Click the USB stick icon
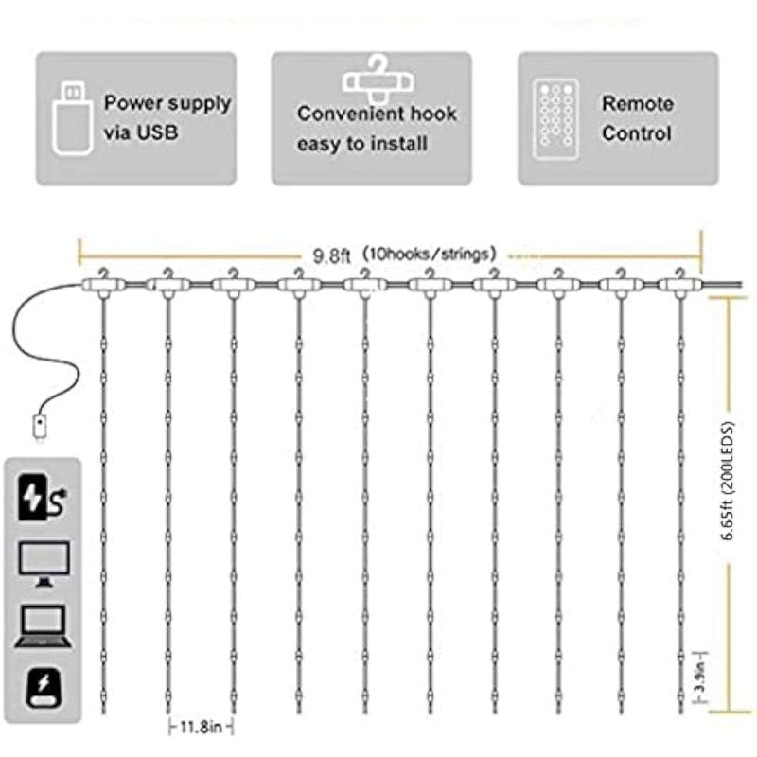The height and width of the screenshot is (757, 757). coord(71,117)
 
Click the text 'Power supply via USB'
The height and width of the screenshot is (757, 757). coord(167,117)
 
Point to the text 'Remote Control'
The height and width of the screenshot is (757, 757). coord(638,118)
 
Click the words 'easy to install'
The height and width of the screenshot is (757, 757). coord(362,144)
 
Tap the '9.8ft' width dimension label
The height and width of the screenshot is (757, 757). coord(332,254)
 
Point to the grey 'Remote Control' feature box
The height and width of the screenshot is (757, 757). coord(618,117)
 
